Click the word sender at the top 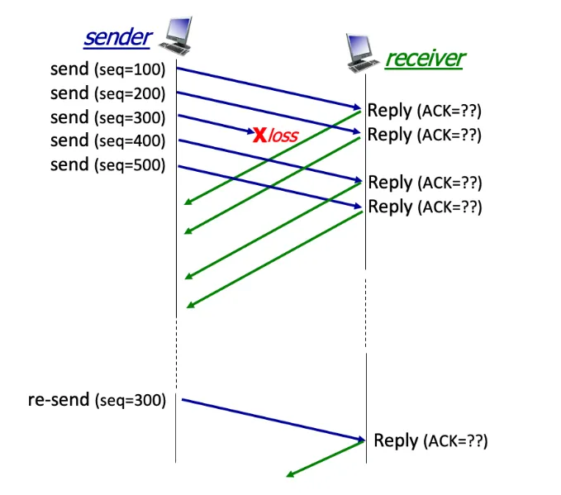click(118, 37)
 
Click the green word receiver click(425, 59)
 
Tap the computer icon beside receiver click(364, 54)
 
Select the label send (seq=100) click(107, 69)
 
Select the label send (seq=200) click(107, 93)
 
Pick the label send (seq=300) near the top click(107, 117)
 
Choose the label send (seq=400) click(107, 140)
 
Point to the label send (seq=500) click(107, 164)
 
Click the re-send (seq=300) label click(97, 401)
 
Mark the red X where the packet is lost click(259, 133)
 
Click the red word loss click(283, 134)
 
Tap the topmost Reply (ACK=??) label click(424, 111)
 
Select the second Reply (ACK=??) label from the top click(424, 134)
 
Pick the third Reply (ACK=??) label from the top click(424, 183)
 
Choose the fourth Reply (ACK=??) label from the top click(424, 207)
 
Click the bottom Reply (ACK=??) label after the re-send click(430, 440)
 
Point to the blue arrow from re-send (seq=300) click(273, 420)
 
